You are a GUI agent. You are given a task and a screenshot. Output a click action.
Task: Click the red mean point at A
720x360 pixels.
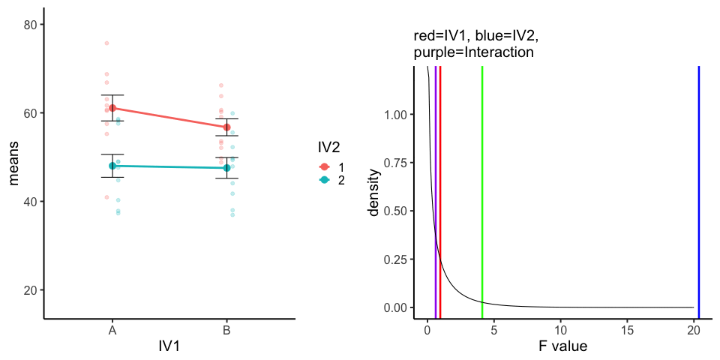[112, 108]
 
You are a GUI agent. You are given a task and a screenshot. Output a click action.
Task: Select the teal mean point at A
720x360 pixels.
[112, 166]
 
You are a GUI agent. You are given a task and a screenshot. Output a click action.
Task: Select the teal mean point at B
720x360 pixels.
[226, 168]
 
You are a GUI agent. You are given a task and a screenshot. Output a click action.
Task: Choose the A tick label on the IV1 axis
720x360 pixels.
[112, 330]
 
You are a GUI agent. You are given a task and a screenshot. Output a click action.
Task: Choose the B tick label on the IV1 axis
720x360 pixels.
[226, 330]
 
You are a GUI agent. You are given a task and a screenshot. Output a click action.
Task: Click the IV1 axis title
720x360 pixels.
[169, 346]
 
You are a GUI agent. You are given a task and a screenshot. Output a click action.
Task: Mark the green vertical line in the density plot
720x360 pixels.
[482, 187]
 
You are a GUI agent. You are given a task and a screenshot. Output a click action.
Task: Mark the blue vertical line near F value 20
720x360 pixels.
[699, 187]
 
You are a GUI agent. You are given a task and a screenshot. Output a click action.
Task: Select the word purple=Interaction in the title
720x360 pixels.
[473, 52]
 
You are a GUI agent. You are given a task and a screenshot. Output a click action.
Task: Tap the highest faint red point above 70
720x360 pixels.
[106, 43]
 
